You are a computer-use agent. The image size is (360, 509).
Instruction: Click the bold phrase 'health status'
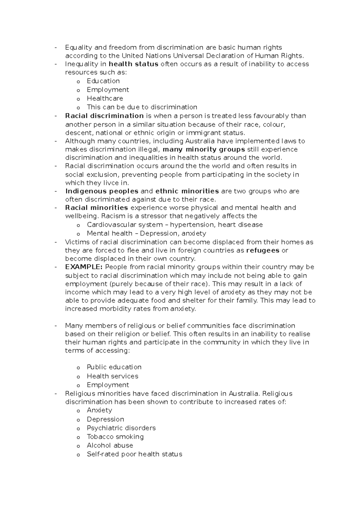point(133,64)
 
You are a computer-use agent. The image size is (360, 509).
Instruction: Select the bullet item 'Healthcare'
point(105,98)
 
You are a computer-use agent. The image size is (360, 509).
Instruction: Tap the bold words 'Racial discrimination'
point(104,116)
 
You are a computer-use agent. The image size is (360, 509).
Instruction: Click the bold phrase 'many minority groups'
point(203,149)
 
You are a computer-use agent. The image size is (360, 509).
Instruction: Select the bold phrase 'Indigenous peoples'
point(102,191)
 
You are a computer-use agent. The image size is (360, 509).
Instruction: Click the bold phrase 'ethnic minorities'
point(187,191)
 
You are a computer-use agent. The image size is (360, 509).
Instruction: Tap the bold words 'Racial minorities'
point(97,208)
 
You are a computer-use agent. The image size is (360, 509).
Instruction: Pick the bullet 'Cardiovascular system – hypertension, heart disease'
point(175,225)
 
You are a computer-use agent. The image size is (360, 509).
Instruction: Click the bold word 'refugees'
point(262,251)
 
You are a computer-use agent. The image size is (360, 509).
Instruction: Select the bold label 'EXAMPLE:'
point(84,267)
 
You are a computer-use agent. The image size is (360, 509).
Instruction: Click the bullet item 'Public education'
point(114,367)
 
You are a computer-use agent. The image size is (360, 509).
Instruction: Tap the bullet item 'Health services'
point(112,376)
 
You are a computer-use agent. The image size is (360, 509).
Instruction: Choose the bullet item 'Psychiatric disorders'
point(121,428)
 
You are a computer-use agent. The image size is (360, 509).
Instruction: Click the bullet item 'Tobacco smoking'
point(115,437)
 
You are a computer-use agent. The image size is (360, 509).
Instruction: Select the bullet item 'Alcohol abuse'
point(110,445)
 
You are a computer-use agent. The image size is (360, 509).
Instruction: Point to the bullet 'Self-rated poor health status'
point(134,454)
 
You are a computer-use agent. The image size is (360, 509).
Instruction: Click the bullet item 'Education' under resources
point(103,81)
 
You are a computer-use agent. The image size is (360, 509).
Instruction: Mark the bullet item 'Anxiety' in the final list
point(99,410)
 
